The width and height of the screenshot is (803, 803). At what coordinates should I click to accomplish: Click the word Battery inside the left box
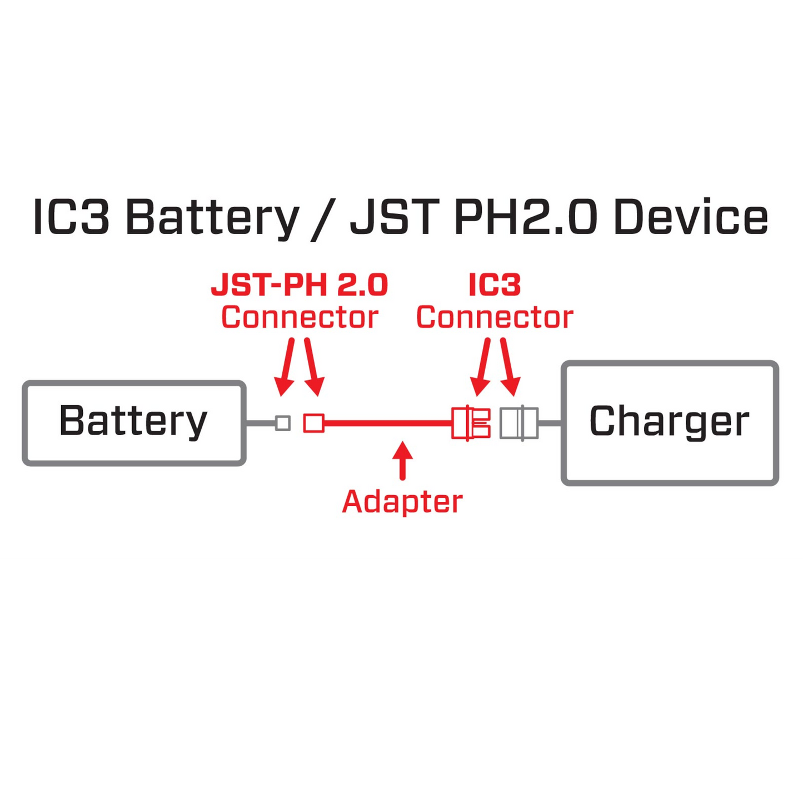tap(133, 421)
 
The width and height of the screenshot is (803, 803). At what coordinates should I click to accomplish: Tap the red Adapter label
tap(402, 502)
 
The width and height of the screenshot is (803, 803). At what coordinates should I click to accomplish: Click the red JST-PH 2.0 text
tap(299, 285)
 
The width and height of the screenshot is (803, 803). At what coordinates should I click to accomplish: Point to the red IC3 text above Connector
tap(495, 285)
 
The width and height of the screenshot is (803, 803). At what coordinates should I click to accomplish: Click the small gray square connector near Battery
tap(283, 423)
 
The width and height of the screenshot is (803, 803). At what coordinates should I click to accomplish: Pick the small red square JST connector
tap(313, 423)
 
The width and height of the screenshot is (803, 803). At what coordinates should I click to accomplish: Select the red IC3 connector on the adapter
tap(471, 423)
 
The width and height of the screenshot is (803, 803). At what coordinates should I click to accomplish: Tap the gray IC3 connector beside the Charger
tap(519, 423)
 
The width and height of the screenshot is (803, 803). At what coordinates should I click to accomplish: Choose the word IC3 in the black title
tap(71, 217)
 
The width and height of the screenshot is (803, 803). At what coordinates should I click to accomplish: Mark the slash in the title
tap(324, 218)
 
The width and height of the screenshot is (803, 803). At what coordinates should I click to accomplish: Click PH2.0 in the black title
tap(525, 217)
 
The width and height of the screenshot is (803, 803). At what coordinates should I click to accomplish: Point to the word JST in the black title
tap(396, 217)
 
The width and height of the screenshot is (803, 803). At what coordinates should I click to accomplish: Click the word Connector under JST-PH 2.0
tap(300, 317)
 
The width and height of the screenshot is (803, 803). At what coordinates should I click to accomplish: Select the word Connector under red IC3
tap(495, 317)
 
